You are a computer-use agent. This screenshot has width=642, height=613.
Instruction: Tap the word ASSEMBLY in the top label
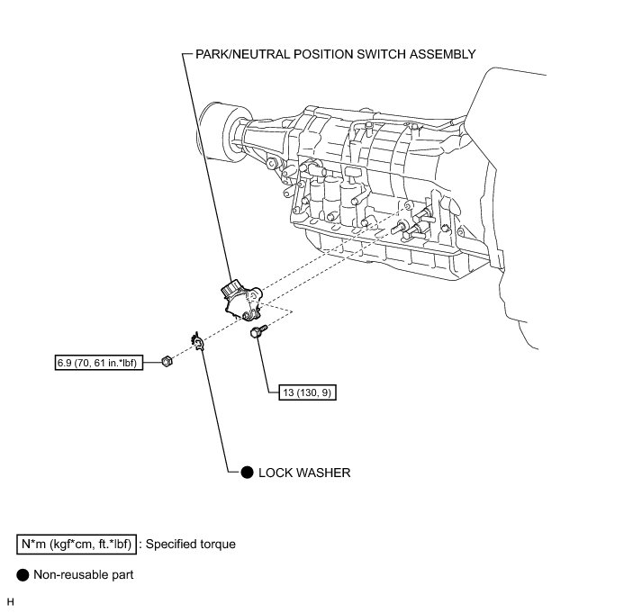click(441, 54)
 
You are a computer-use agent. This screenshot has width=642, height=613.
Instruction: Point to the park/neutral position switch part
click(242, 301)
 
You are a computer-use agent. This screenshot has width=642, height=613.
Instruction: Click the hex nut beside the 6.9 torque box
click(167, 362)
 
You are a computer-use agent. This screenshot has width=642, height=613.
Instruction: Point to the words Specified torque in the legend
click(191, 544)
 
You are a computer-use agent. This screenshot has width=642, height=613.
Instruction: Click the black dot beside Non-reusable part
click(23, 573)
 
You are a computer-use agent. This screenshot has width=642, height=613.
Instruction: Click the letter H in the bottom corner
click(11, 600)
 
